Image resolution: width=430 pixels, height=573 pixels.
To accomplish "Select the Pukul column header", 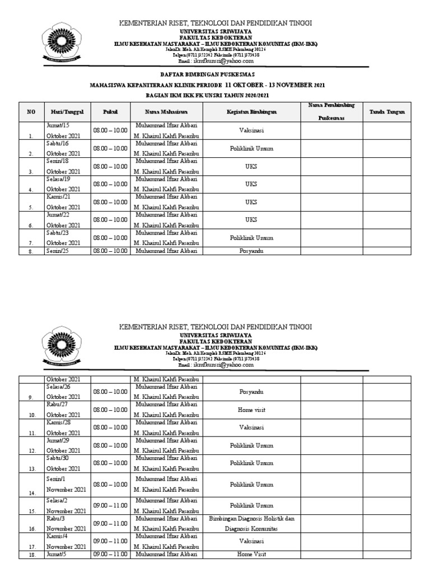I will pyautogui.click(x=110, y=112).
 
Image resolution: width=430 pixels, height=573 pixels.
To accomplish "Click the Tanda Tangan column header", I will pyautogui.click(x=387, y=112).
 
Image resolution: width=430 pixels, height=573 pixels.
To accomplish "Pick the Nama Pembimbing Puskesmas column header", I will pyautogui.click(x=331, y=112).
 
